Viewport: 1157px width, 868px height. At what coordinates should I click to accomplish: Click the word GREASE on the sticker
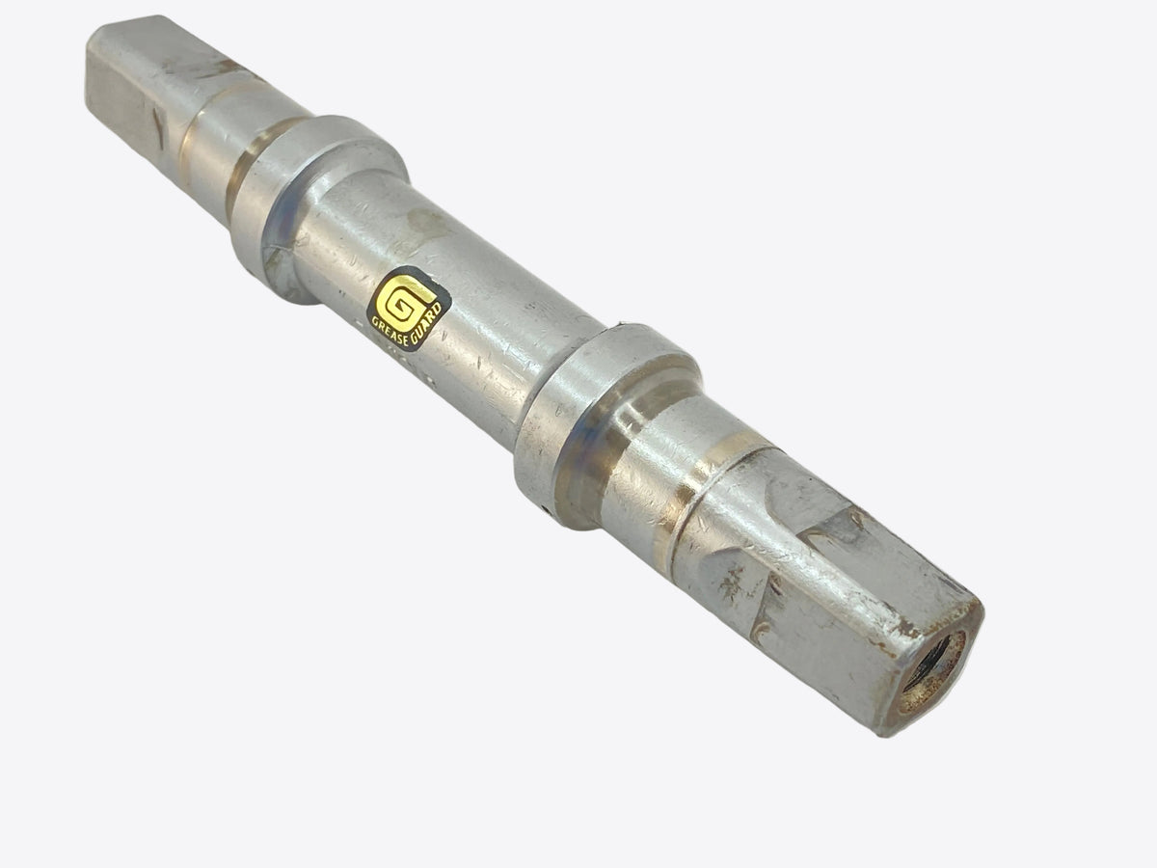[x=390, y=331]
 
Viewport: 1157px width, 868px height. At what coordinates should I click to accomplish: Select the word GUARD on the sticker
[x=427, y=324]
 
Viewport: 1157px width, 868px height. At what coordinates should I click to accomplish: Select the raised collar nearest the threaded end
[x=606, y=421]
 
